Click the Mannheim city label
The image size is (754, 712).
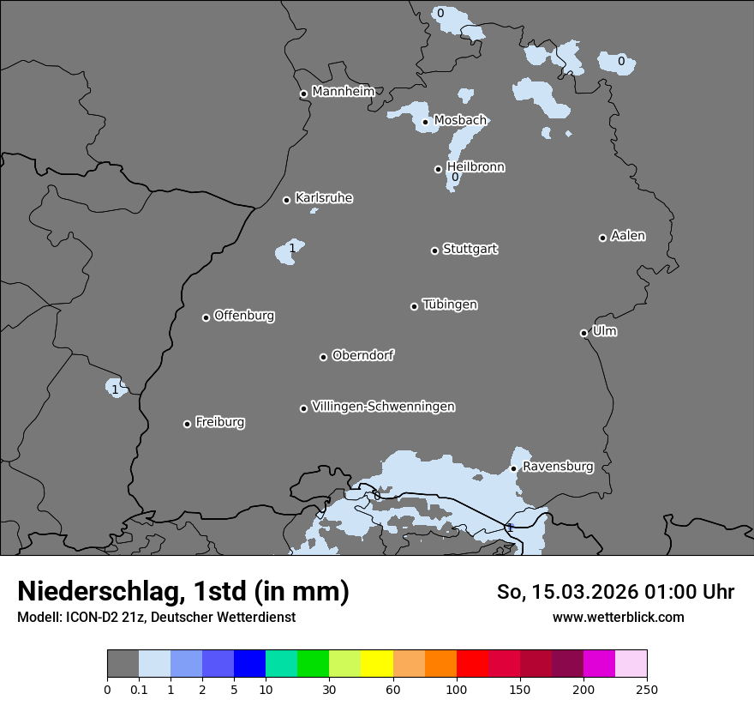pos(343,92)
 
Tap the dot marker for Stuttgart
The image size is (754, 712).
pos(434,250)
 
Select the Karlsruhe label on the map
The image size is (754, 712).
pos(323,198)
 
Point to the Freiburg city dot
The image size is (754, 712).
pos(187,424)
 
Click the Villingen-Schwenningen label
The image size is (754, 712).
pos(383,407)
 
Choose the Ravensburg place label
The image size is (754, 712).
pos(557,467)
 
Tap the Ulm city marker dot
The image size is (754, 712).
pos(583,333)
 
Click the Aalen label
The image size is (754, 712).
pos(628,236)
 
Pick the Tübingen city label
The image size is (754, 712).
pos(450,305)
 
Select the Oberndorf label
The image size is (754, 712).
pos(362,355)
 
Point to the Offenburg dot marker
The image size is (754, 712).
pos(206,317)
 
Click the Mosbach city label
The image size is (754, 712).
pos(460,120)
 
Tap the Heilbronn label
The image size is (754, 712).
pos(476,167)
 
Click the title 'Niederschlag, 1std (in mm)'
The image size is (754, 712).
pos(183,592)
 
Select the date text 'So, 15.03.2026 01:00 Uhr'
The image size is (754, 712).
pos(615,592)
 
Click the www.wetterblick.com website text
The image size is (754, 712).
pos(618,617)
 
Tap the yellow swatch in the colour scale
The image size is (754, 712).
pos(377,664)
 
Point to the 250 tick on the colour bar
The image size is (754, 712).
pos(647,689)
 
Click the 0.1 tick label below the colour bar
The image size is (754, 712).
pos(139,689)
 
